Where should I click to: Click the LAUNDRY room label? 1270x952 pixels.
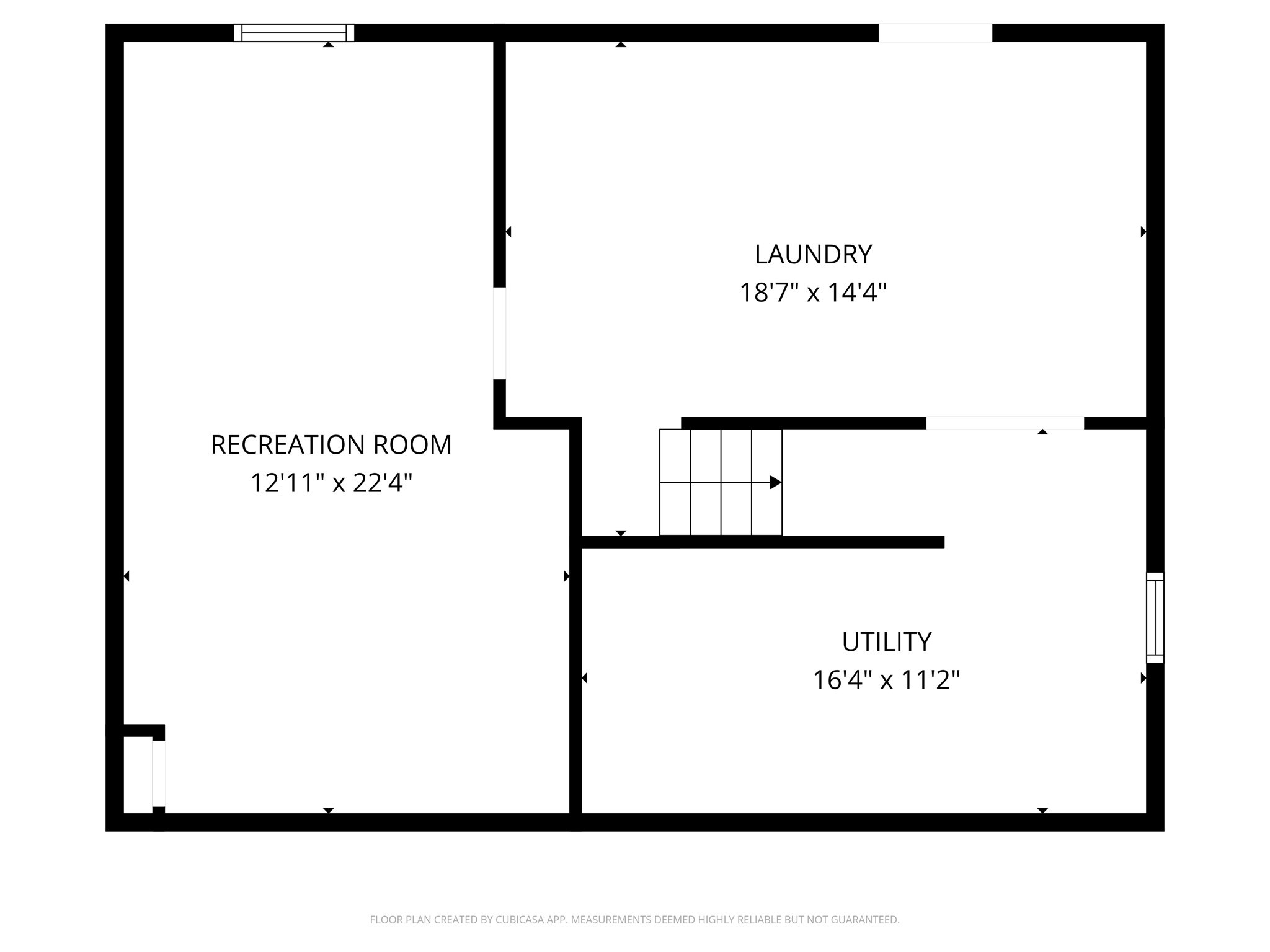(x=813, y=254)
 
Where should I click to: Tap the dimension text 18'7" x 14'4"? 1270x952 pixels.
(x=813, y=292)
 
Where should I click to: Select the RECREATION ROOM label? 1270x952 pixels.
(x=331, y=444)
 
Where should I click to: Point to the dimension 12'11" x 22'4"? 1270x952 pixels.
(x=331, y=483)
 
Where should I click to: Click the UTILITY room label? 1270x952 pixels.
(x=886, y=641)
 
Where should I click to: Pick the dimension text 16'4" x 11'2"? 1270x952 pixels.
(x=886, y=680)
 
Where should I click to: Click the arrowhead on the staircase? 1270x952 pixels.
(x=775, y=482)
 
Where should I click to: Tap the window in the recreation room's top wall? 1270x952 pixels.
(x=294, y=32)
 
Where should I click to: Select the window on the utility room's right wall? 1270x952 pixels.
(x=1155, y=617)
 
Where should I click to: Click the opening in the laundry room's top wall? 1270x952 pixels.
(x=935, y=32)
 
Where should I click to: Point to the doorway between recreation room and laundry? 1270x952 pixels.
(x=499, y=333)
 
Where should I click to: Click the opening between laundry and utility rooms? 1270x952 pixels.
(x=1005, y=423)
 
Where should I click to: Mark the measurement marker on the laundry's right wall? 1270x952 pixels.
(x=1143, y=232)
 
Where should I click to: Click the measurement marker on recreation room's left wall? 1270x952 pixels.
(x=127, y=576)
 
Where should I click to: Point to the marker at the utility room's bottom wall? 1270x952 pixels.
(x=1042, y=810)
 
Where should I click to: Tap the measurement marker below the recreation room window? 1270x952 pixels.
(x=329, y=45)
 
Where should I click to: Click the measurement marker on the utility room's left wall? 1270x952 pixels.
(x=584, y=678)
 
